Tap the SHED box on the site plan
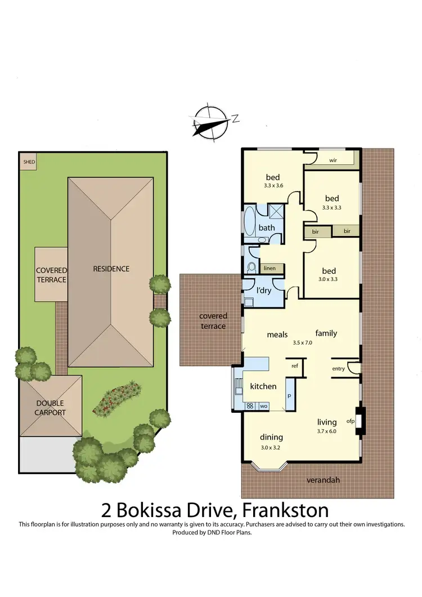tap(28, 162)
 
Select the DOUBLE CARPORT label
tap(51, 408)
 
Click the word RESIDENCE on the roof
tap(111, 269)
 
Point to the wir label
tap(333, 160)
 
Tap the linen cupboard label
tap(270, 269)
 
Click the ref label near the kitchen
tap(294, 366)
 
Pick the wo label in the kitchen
tap(263, 406)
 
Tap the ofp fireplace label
tap(350, 421)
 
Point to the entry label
tap(338, 368)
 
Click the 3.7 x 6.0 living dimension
tap(326, 431)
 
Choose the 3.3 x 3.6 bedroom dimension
tap(272, 186)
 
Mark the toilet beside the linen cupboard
tap(252, 267)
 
